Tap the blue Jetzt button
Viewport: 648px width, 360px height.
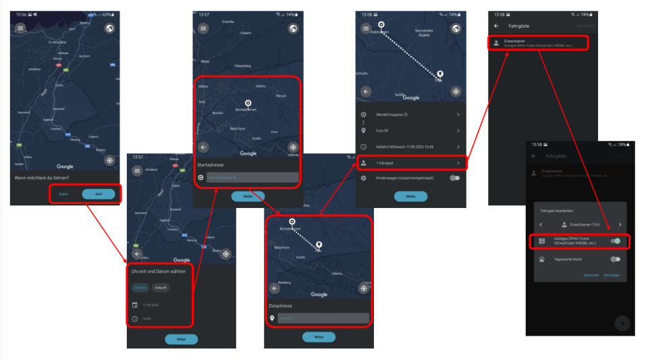[x=99, y=194]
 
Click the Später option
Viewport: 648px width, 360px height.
[x=63, y=194]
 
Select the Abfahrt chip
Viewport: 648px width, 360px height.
[x=140, y=287]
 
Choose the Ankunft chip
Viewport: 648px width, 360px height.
[x=161, y=287]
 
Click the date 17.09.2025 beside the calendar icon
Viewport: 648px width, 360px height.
[x=152, y=305]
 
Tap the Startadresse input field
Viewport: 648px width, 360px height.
[x=251, y=178]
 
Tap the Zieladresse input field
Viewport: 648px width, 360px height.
[x=323, y=317]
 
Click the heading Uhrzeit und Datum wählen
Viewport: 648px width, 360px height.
[x=159, y=271]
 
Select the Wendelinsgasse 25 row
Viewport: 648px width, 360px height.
[x=410, y=115]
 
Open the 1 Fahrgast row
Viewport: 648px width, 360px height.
[x=410, y=163]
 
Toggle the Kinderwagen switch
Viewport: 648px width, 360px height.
[x=455, y=178]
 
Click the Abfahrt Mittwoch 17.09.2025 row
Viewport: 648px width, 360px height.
[x=410, y=147]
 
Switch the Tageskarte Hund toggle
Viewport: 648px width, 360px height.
[x=615, y=259]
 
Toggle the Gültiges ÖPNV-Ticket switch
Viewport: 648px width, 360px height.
[x=615, y=241]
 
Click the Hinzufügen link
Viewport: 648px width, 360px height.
[x=612, y=275]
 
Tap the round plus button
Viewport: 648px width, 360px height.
[x=622, y=323]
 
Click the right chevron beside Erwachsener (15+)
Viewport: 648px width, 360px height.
[x=620, y=224]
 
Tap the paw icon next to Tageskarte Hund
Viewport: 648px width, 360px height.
[x=542, y=259]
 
